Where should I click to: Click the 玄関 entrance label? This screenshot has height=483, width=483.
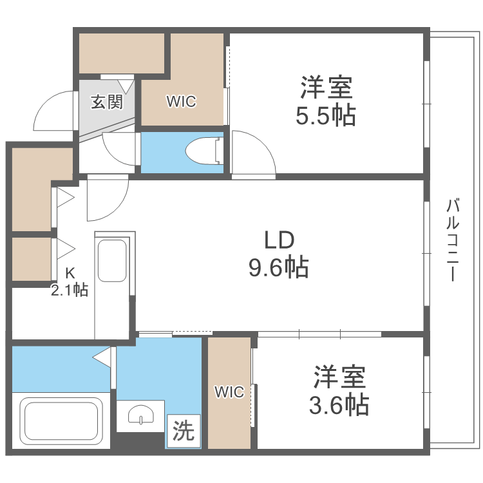click(x=106, y=102)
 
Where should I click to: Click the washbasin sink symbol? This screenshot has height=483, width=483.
click(x=140, y=415)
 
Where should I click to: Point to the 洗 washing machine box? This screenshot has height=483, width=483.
click(x=184, y=431)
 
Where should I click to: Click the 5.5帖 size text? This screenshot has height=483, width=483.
click(x=326, y=116)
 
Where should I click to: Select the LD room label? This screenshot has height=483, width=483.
click(x=278, y=240)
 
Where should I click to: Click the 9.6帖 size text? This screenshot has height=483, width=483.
click(x=278, y=266)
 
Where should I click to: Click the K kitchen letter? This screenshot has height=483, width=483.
click(x=70, y=272)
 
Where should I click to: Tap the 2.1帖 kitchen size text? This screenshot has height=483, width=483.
click(x=70, y=290)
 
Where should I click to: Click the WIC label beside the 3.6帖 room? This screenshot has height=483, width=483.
click(x=229, y=392)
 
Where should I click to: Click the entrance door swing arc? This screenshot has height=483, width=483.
click(x=52, y=109)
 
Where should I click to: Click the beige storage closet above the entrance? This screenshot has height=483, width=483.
click(x=122, y=53)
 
